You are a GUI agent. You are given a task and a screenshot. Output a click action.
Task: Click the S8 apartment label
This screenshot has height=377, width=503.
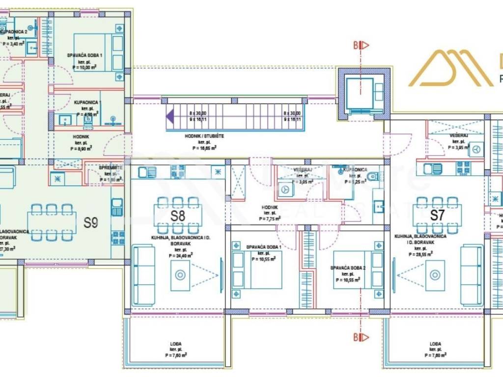[178, 215]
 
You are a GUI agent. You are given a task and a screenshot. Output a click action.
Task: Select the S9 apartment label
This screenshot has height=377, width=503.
[90, 223]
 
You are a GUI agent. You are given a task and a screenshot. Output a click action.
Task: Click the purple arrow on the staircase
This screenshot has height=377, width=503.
[169, 117]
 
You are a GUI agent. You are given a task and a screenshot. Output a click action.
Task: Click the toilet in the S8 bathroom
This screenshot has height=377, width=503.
[372, 176]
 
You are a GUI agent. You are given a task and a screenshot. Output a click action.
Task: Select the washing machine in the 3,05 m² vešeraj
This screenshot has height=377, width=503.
[284, 189]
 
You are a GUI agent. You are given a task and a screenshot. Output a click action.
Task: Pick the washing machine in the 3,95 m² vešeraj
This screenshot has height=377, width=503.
[475, 149]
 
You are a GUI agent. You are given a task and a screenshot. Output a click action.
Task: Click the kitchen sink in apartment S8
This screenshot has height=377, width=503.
[147, 172]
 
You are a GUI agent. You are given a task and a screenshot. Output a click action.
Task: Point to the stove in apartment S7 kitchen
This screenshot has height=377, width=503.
[463, 168]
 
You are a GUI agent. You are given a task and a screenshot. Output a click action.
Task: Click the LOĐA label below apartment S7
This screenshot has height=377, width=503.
[435, 344]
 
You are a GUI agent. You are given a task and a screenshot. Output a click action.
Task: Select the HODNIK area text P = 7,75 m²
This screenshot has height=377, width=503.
[270, 219]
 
